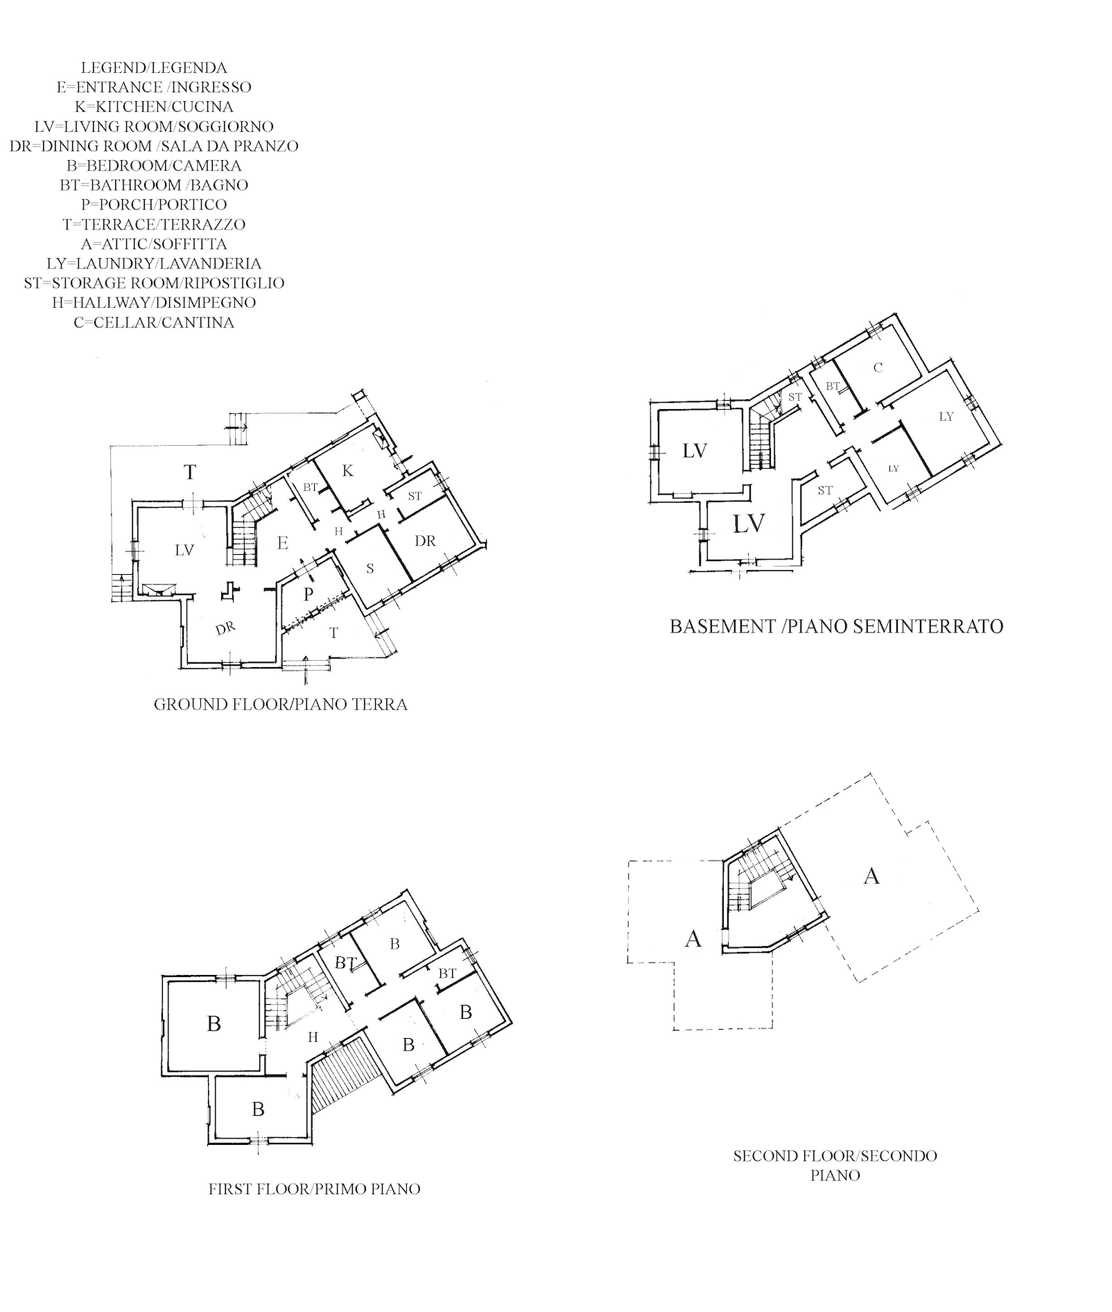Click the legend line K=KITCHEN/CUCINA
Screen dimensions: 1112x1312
(154, 107)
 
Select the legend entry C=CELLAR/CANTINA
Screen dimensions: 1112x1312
(154, 322)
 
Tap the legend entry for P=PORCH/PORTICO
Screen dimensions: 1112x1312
(154, 205)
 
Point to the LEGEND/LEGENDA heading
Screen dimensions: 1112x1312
(154, 68)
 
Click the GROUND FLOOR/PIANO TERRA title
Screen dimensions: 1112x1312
(281, 705)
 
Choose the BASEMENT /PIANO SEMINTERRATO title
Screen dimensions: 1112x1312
(837, 626)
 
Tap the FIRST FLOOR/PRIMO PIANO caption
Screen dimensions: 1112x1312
(315, 1189)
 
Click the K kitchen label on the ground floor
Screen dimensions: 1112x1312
(348, 471)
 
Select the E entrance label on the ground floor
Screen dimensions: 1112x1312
(283, 543)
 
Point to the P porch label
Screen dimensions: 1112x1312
(309, 594)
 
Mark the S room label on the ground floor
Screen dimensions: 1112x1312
(370, 569)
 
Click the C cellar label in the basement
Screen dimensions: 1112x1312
(878, 368)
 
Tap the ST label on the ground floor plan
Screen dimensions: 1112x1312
(415, 497)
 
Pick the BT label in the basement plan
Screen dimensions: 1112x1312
(833, 386)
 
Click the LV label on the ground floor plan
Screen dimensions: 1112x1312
(184, 550)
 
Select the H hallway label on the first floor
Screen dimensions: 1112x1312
(313, 1037)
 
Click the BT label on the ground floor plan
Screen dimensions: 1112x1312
(311, 487)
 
